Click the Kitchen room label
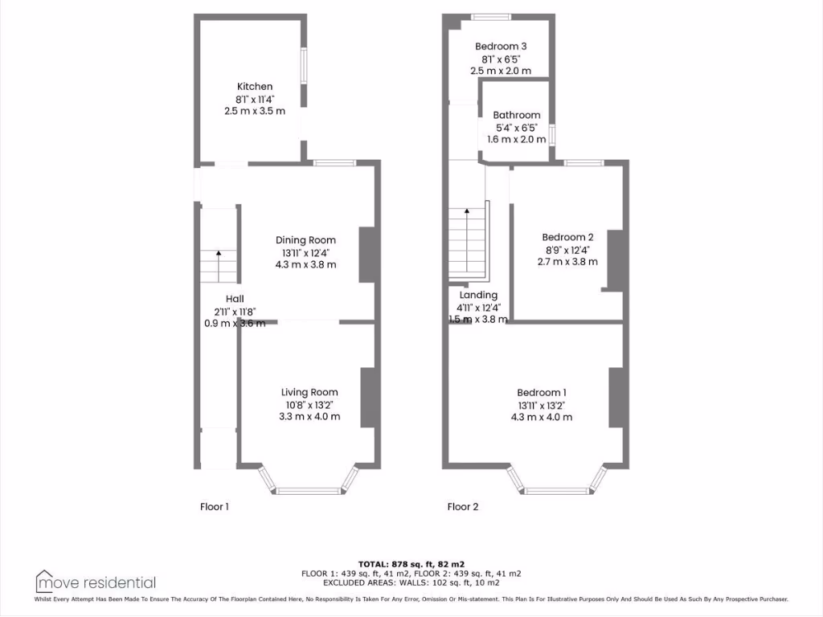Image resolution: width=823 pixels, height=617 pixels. tap(254, 87)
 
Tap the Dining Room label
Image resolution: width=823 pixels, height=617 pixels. tap(305, 240)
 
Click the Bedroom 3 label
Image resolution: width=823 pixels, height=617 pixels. tap(500, 47)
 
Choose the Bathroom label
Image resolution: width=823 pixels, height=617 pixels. tap(516, 116)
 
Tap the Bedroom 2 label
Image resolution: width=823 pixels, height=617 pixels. tap(567, 237)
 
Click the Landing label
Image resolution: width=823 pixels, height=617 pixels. tap(478, 295)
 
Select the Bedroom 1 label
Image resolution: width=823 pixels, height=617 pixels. tap(542, 392)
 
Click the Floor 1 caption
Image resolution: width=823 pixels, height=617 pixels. tap(215, 507)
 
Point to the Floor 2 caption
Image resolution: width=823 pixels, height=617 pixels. tap(462, 507)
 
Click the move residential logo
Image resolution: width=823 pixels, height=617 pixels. tap(96, 582)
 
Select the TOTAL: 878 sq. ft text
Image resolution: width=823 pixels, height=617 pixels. tap(411, 564)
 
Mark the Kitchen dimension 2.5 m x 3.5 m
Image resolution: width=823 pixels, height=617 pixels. tap(254, 111)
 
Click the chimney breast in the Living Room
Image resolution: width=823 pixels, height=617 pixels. tap(368, 397)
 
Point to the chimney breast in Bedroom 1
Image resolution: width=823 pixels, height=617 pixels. tap(616, 397)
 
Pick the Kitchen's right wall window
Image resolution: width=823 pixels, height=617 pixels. tap(304, 65)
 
